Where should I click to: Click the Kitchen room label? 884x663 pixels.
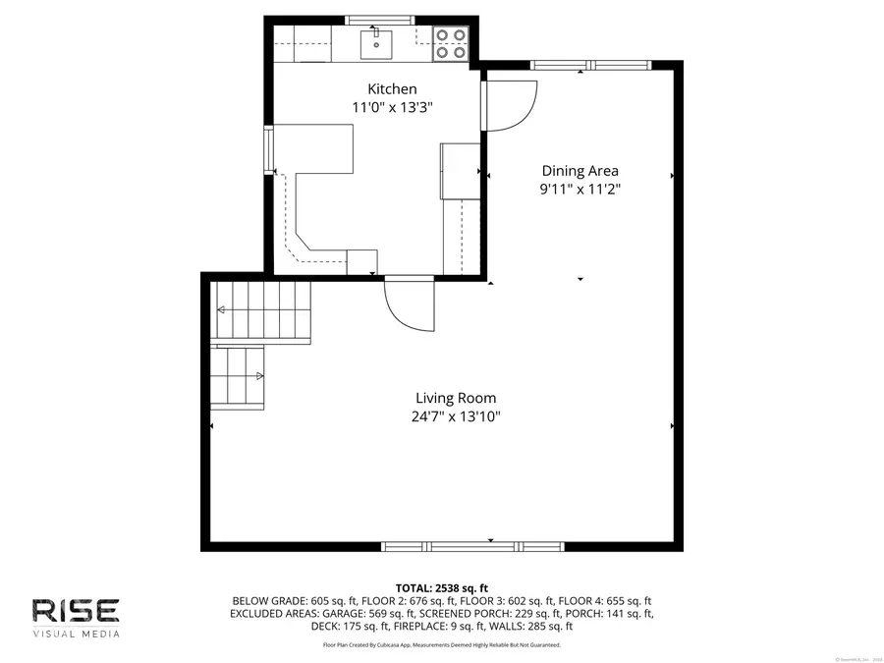pos(392,88)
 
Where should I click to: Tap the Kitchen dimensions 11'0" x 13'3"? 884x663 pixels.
pos(392,107)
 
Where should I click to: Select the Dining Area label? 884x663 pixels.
pos(580,170)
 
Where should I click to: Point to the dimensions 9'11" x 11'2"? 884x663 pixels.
pos(580,189)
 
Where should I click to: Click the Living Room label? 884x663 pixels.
pos(455,398)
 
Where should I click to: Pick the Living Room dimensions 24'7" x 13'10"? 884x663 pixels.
pos(455,416)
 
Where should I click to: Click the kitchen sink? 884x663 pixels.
pos(376,43)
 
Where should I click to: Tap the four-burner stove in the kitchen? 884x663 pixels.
pos(451,43)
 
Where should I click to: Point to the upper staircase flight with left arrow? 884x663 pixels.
pos(261,310)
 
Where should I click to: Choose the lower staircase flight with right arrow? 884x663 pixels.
pos(239,376)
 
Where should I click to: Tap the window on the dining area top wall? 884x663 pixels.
pos(578,66)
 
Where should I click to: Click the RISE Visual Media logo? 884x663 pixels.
pos(76,617)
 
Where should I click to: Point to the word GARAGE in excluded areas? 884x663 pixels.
pos(342,613)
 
